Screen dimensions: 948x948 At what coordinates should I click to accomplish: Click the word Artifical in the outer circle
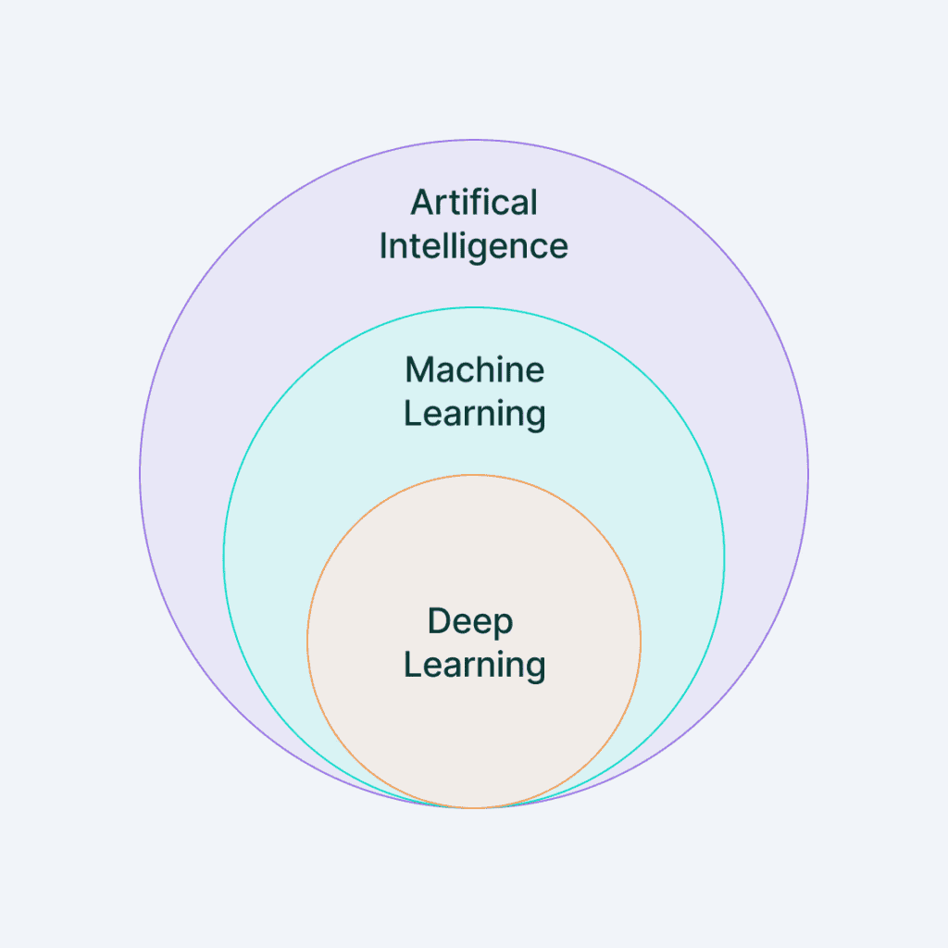click(474, 202)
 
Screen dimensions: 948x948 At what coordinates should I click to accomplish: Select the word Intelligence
click(474, 246)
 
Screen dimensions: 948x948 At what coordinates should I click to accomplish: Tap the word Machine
click(474, 370)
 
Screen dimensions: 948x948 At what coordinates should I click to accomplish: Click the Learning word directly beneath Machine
click(474, 414)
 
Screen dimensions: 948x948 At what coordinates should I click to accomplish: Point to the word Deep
click(470, 622)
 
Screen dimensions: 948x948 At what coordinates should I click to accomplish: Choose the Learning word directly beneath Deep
click(474, 666)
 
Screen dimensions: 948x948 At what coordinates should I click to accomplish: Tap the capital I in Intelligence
click(384, 245)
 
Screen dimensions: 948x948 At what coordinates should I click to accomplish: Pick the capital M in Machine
click(419, 370)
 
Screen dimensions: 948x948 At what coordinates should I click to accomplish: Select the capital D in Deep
click(439, 621)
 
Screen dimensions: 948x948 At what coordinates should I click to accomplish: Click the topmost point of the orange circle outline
click(474, 475)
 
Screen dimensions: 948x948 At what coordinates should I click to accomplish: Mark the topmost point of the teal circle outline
click(474, 307)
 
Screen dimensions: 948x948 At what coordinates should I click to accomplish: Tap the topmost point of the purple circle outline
click(474, 140)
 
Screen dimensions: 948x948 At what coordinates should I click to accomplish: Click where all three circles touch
click(474, 808)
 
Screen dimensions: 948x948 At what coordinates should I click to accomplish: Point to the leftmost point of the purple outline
click(140, 474)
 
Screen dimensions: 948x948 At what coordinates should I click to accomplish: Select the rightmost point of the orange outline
click(641, 641)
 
